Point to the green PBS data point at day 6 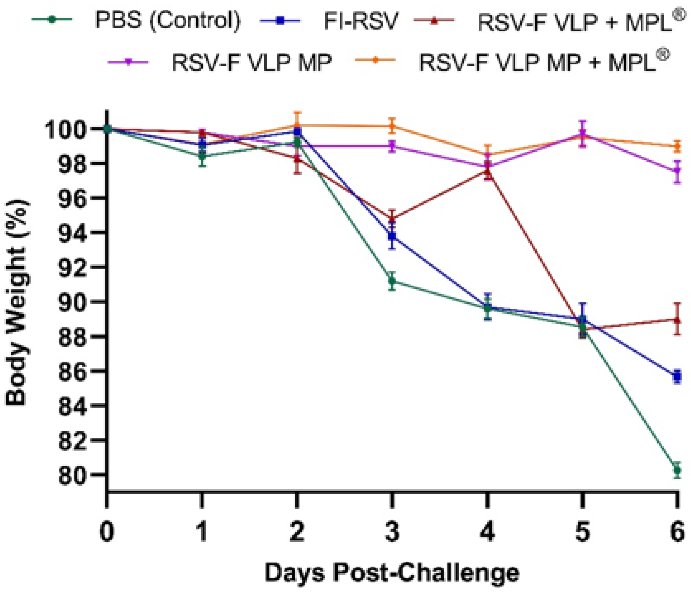[x=677, y=470]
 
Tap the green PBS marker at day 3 [x=392, y=281]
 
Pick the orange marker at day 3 [x=392, y=126]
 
